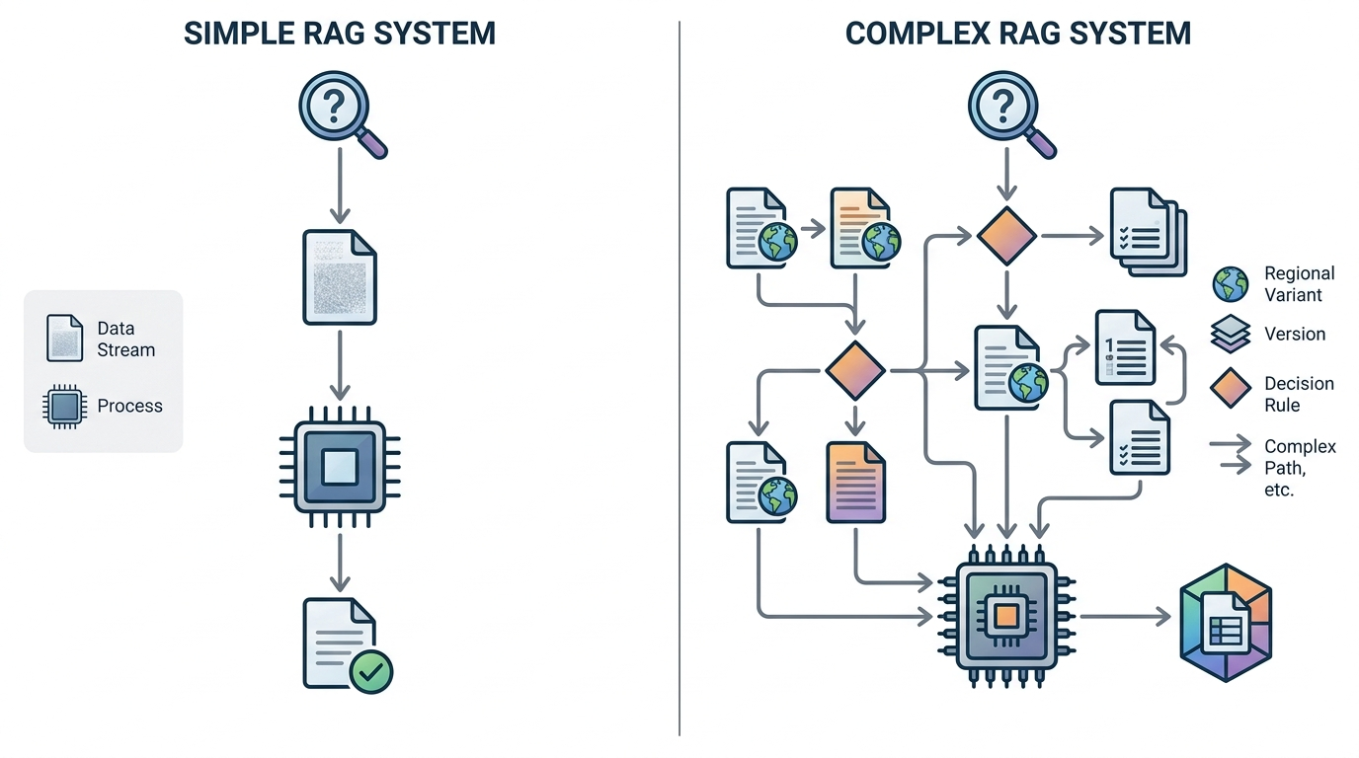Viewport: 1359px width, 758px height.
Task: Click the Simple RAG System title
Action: (x=340, y=34)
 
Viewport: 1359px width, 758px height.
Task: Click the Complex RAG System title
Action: (x=1018, y=34)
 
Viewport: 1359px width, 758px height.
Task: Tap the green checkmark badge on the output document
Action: (x=371, y=671)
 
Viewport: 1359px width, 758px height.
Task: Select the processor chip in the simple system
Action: (x=340, y=467)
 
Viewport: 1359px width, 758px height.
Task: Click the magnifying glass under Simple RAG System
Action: (x=343, y=114)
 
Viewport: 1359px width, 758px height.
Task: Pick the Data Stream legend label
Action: (x=126, y=339)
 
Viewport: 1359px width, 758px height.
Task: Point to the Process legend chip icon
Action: (x=63, y=406)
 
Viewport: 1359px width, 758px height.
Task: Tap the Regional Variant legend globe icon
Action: (x=1231, y=284)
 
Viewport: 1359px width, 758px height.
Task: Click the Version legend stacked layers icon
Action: (x=1231, y=334)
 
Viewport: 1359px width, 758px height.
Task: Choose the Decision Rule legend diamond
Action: (x=1231, y=388)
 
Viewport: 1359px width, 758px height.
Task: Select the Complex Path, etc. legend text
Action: (x=1300, y=468)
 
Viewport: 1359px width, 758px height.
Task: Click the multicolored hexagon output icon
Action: (x=1226, y=623)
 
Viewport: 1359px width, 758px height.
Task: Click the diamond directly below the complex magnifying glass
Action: (x=1007, y=236)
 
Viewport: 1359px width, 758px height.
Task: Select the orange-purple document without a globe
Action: (x=856, y=482)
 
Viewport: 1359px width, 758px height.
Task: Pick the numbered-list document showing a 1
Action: (x=1125, y=347)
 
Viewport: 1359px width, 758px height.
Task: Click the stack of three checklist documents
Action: (x=1149, y=232)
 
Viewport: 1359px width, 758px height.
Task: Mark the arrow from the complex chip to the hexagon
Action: (x=1126, y=617)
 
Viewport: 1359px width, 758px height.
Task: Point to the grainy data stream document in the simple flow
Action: (x=340, y=277)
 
